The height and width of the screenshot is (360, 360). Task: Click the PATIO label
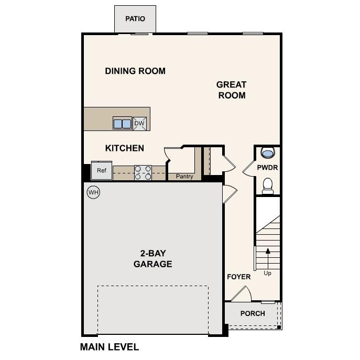point(135,19)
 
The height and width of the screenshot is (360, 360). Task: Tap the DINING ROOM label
point(135,71)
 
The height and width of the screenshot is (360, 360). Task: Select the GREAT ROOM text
point(231,90)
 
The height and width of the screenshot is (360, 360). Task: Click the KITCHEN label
point(125,148)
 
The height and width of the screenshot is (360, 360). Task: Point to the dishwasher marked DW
point(139,124)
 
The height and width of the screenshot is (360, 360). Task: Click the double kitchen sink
point(122,124)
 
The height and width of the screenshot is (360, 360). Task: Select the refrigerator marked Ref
point(101,170)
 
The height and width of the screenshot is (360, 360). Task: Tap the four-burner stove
point(143,172)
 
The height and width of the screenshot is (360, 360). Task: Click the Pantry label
point(184,177)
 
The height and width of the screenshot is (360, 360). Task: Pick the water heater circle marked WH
point(93,192)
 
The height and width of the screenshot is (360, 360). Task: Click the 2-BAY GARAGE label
point(152,258)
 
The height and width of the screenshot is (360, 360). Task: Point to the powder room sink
point(267,153)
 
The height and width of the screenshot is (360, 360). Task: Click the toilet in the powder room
point(267,185)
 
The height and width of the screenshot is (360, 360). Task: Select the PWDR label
point(267,168)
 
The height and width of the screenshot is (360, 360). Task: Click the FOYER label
point(238,277)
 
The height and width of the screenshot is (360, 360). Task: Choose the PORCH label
point(253,313)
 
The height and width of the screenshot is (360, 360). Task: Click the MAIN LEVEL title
point(109,347)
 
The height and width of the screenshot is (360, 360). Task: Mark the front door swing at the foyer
point(241,294)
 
